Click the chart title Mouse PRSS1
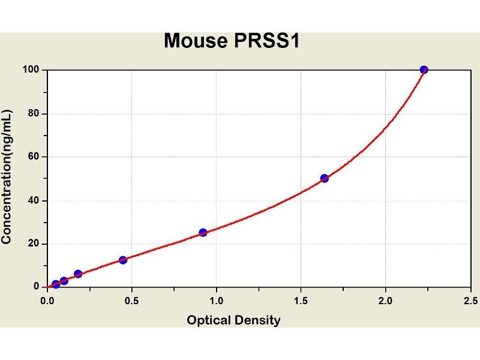click(231, 41)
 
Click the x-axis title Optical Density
click(233, 320)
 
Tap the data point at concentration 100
click(424, 70)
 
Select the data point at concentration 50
click(325, 178)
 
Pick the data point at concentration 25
click(203, 232)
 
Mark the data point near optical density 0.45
click(123, 260)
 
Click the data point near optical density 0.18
click(78, 274)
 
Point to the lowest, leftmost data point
click(56, 284)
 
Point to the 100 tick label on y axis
click(32, 70)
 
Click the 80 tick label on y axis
click(34, 113)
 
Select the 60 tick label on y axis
click(34, 157)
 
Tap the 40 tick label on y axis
click(34, 200)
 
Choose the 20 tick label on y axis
click(34, 244)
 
